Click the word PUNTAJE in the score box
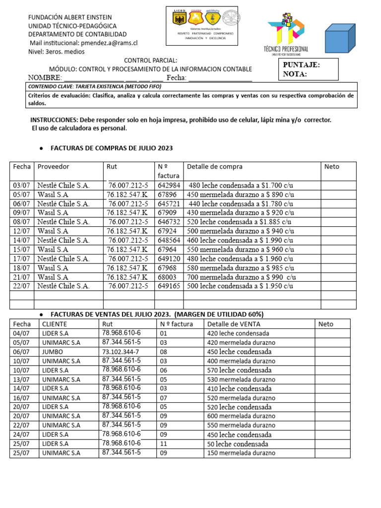[x=301, y=65]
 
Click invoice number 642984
[x=169, y=186]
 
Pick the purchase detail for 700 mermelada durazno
[x=242, y=277]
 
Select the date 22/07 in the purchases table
[x=21, y=286]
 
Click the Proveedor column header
[x=53, y=167]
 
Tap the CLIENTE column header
[x=55, y=324]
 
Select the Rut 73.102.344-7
[x=121, y=352]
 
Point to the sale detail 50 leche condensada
[x=237, y=444]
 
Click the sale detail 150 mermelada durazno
[x=240, y=453]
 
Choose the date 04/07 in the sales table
[x=21, y=333]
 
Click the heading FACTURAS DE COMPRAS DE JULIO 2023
[x=112, y=148]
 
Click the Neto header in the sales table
[x=325, y=324]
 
